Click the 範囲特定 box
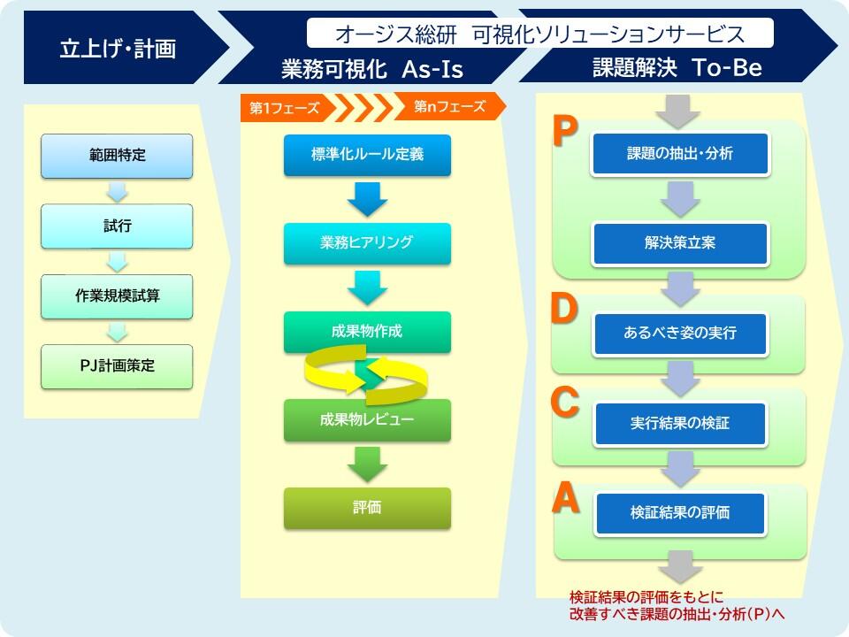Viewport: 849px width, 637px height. (117, 156)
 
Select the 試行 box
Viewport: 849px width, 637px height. (117, 226)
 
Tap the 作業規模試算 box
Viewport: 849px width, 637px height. (117, 296)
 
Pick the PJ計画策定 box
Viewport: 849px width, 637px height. (117, 366)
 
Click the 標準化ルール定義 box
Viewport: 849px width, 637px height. (367, 155)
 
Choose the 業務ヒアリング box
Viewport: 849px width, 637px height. (367, 243)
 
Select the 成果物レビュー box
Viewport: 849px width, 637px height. (367, 419)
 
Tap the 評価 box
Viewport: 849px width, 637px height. (367, 508)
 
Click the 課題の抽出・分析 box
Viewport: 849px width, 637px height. (680, 154)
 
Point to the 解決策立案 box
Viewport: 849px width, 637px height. (680, 243)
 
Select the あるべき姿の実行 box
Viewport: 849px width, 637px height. (680, 334)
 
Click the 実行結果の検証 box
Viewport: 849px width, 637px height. (680, 423)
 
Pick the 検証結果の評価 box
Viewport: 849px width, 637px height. (680, 513)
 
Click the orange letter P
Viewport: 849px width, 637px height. (565, 132)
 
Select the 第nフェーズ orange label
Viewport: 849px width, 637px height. (449, 106)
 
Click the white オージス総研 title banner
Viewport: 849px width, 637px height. (539, 33)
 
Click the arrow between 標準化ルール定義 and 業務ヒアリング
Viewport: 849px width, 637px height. (367, 199)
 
